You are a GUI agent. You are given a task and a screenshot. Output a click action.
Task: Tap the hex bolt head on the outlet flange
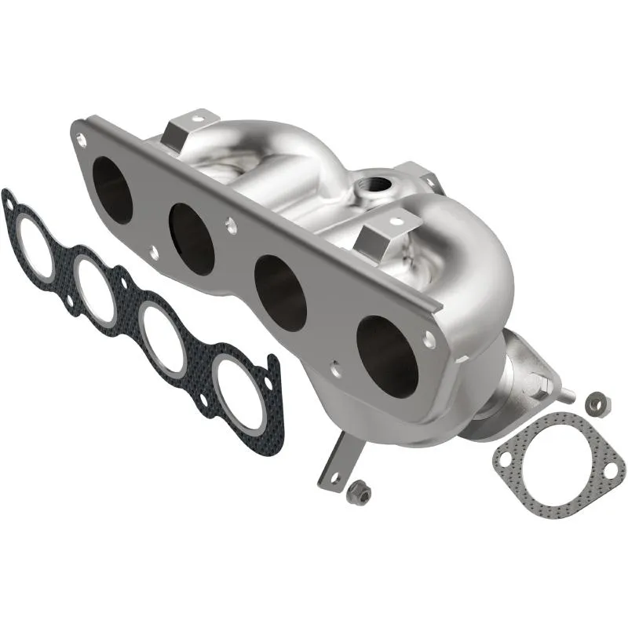tap(542, 384)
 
